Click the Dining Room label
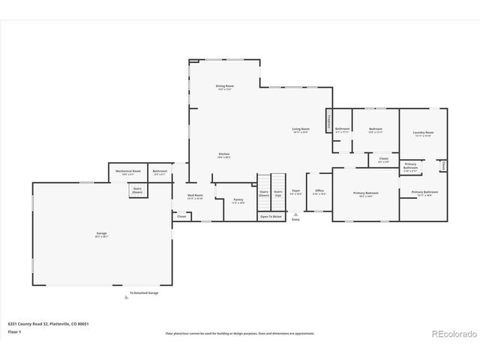click(x=224, y=88)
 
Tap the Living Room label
click(x=301, y=130)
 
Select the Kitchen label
click(x=224, y=155)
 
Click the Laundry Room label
click(x=423, y=134)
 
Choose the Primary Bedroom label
click(x=366, y=194)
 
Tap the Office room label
click(x=319, y=192)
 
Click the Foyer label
click(x=295, y=192)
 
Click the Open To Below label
click(x=271, y=216)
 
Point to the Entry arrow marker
click(x=295, y=214)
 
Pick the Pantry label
click(x=238, y=201)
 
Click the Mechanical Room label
click(x=126, y=172)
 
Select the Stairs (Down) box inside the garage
click(x=138, y=190)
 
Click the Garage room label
click(x=101, y=234)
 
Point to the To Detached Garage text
click(x=143, y=292)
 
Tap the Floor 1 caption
click(x=15, y=331)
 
